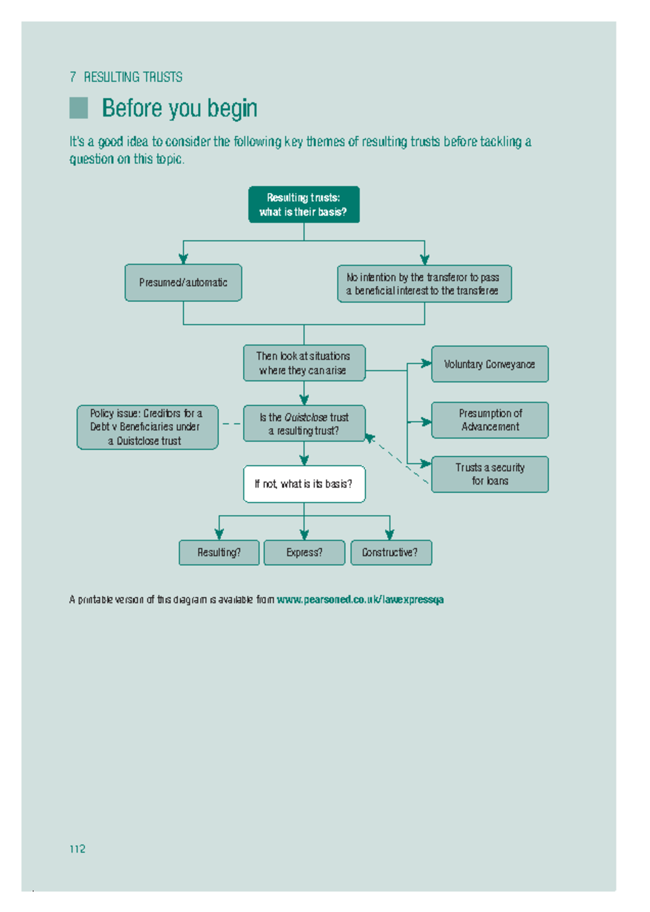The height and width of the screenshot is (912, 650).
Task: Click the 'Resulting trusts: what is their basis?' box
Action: click(304, 204)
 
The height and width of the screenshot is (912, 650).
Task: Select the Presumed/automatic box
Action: click(183, 282)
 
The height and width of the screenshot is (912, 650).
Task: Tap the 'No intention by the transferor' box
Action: click(424, 283)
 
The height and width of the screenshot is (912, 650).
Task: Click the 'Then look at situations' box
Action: click(304, 363)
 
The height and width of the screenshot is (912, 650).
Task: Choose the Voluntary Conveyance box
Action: click(490, 364)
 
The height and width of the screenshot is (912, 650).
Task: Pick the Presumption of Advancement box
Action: click(490, 420)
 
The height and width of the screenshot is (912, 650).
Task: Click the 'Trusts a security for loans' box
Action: click(490, 474)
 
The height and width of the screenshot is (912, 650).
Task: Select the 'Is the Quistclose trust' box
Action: click(304, 424)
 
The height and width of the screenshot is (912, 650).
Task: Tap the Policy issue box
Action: click(147, 427)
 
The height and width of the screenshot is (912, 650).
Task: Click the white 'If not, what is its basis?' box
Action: click(304, 484)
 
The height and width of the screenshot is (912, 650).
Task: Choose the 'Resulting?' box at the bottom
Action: click(219, 552)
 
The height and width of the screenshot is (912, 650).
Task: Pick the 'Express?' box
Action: click(304, 552)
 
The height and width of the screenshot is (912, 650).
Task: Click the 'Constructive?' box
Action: click(391, 552)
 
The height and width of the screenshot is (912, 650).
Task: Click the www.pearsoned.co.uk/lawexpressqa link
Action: click(360, 599)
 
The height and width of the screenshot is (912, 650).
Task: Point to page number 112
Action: click(77, 849)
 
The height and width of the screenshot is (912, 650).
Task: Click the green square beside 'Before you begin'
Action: click(79, 108)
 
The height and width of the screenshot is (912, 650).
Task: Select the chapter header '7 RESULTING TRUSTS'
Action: click(126, 77)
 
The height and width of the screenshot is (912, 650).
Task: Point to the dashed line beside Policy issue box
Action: click(231, 424)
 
